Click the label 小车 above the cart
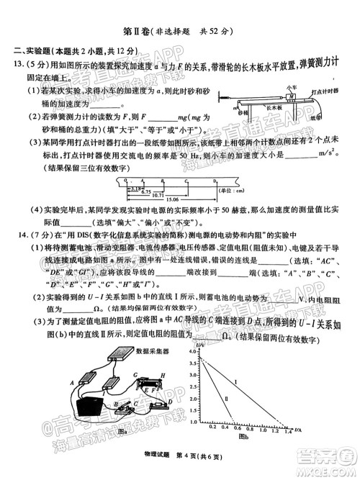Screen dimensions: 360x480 coord(271,86)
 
